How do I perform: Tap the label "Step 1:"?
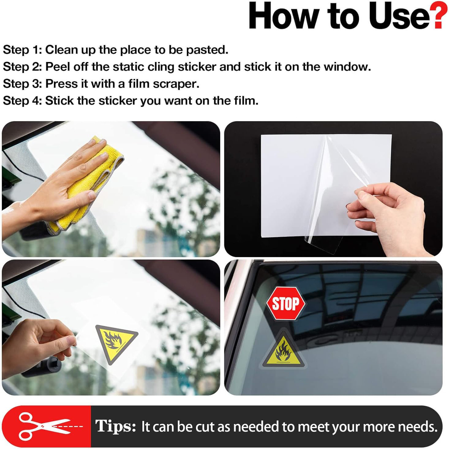22,50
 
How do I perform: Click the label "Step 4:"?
22,101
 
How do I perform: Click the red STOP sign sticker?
286,304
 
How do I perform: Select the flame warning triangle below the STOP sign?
283,352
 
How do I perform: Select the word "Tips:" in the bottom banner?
116,426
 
